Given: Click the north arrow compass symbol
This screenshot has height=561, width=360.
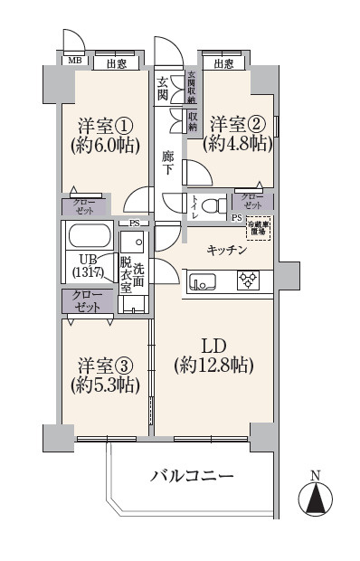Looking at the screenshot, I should coord(315,498).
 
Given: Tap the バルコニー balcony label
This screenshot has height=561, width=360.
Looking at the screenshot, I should coord(192,476).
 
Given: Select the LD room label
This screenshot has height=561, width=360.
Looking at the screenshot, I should coord(213,345).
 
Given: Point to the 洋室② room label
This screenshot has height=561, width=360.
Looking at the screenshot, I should coord(237,122).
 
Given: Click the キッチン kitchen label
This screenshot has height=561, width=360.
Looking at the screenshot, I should coord(228,251).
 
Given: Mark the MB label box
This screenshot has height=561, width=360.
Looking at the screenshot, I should coord(75,62).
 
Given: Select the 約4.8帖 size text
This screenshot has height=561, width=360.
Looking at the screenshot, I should coord(237,142).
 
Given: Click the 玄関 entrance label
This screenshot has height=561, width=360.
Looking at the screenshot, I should coord(163,88).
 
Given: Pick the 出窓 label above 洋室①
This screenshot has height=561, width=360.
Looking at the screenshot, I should coord(116,63).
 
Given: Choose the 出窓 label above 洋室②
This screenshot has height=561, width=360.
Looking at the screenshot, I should coord(225,63).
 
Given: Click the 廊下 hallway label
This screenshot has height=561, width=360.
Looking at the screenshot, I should coord(167,163).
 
